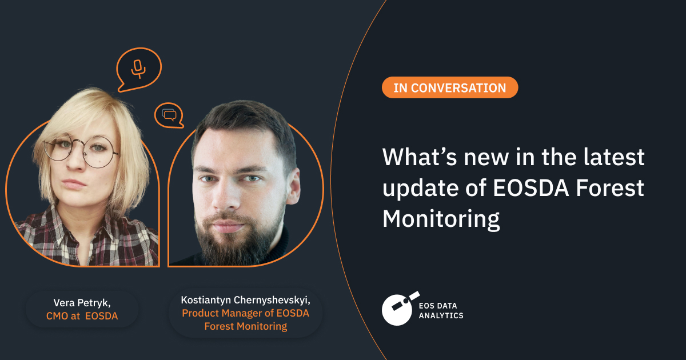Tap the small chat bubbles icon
click(x=169, y=115)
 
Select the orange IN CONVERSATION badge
click(x=449, y=88)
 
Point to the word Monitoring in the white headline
click(x=441, y=219)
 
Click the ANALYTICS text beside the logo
click(x=441, y=315)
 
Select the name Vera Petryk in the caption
click(x=81, y=303)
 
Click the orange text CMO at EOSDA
click(x=82, y=316)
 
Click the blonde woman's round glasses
click(x=80, y=149)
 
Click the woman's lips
click(x=74, y=184)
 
